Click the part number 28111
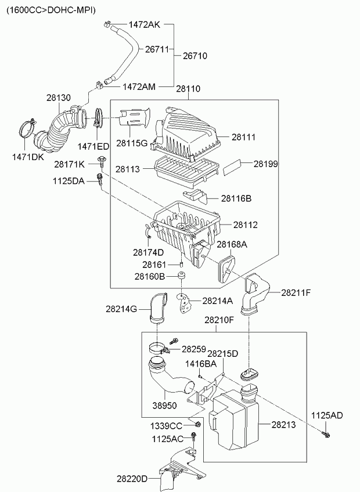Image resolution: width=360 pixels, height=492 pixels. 244,138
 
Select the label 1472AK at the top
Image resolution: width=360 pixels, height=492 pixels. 144,25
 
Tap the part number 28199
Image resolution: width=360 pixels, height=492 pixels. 265,164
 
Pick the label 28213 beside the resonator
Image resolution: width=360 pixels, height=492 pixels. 284,425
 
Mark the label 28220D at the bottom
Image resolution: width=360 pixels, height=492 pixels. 132,479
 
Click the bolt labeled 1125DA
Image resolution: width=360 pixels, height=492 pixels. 100,179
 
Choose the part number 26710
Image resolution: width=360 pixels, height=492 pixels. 195,56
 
